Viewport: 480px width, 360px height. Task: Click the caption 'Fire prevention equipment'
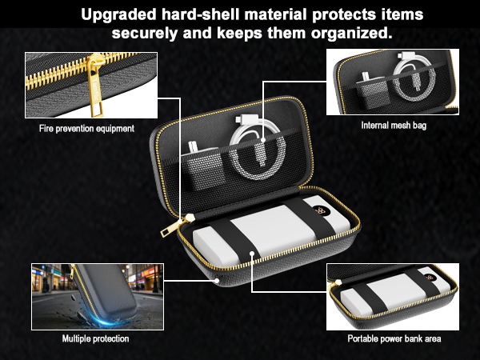coord(87,128)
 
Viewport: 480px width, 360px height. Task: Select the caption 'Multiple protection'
coord(95,338)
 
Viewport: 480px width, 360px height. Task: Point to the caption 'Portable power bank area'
coord(394,338)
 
